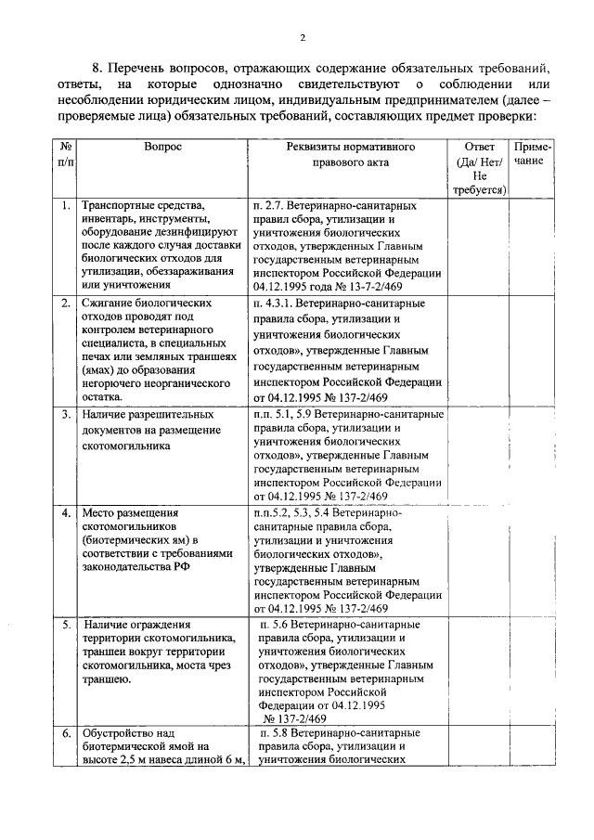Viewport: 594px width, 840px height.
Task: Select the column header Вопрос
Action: (162, 147)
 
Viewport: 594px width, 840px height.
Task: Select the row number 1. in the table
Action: (65, 205)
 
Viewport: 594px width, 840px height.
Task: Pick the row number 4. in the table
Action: (65, 512)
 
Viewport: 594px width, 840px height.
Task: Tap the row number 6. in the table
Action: (65, 733)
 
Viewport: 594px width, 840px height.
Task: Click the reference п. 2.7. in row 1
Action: (269, 205)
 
